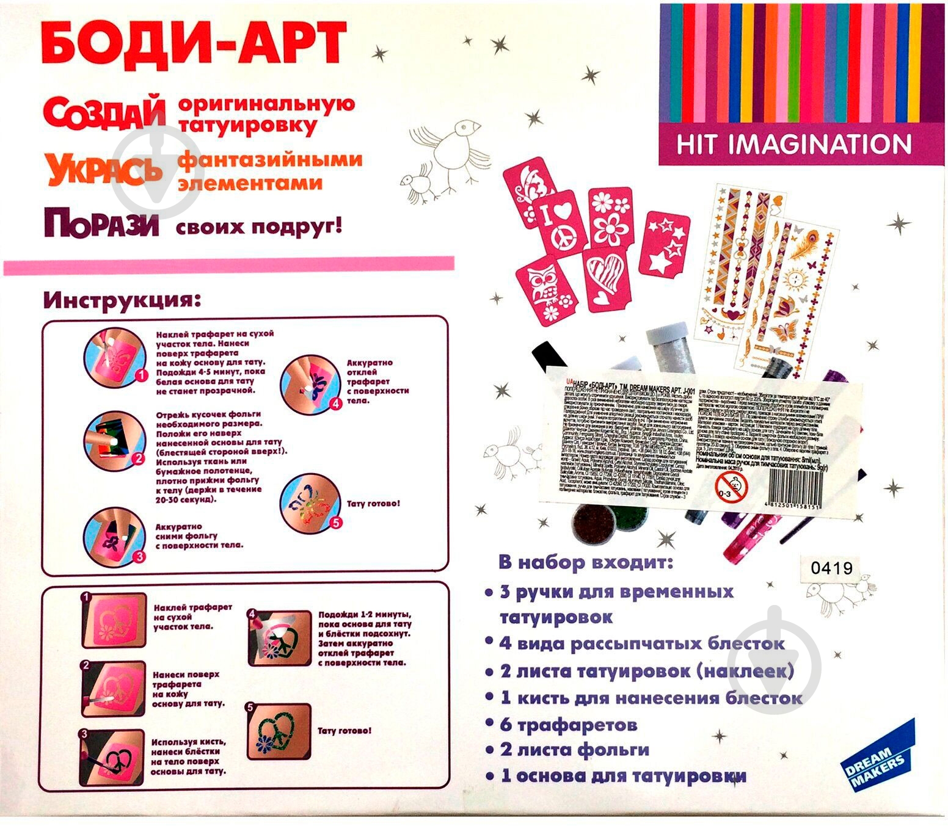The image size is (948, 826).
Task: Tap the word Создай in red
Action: click(x=104, y=114)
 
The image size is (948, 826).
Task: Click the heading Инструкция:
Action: click(x=122, y=300)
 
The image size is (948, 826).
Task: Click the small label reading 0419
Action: click(x=831, y=568)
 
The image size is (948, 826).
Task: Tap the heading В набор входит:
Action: click(x=586, y=561)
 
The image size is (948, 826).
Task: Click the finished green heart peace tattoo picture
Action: click(x=279, y=731)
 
